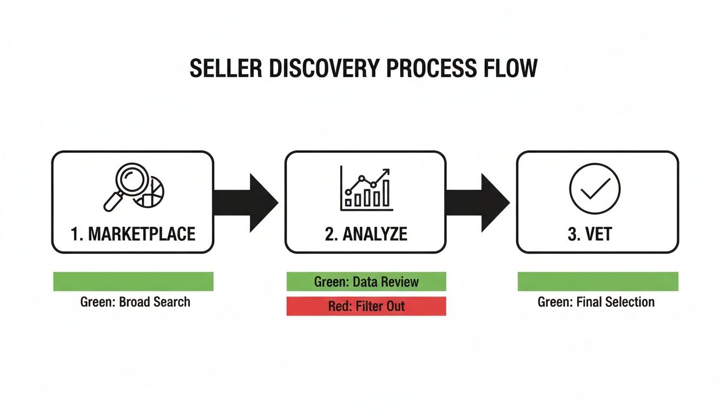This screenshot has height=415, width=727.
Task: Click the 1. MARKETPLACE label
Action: [133, 234]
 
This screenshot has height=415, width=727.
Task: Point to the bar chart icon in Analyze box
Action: [366, 189]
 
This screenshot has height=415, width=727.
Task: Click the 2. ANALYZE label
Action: [366, 234]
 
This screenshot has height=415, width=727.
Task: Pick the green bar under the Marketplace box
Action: [133, 282]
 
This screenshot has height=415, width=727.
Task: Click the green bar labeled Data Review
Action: [366, 282]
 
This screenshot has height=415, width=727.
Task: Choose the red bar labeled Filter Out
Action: [366, 306]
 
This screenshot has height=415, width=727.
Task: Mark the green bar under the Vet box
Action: [598, 282]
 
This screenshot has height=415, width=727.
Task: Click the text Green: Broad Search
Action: [135, 302]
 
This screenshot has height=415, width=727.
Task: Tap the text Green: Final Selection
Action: [596, 302]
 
